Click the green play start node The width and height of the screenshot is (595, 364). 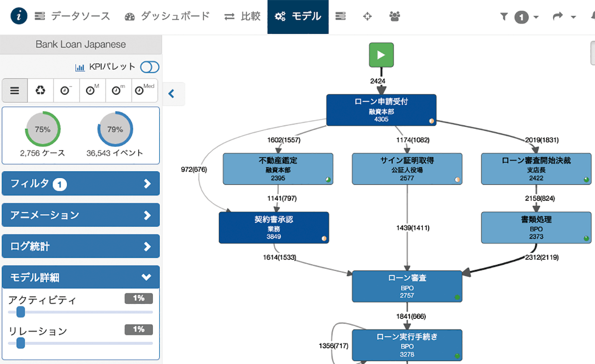click(x=381, y=55)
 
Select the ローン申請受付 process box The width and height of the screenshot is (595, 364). click(x=381, y=110)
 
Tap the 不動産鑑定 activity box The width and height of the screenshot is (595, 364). click(x=278, y=169)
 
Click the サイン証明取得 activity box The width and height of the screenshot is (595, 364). click(x=407, y=169)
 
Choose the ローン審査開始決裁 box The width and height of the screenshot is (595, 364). click(x=536, y=169)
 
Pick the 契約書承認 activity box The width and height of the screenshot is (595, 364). click(x=273, y=228)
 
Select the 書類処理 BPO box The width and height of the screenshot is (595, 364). click(x=536, y=228)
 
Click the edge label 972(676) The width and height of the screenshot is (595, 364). click(x=194, y=170)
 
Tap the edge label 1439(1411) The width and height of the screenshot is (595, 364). click(x=413, y=228)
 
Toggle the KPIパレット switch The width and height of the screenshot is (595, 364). click(x=149, y=67)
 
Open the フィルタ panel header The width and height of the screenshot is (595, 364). click(x=81, y=183)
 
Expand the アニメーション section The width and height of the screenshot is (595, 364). click(x=81, y=215)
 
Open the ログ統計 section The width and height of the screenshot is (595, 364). click(x=81, y=246)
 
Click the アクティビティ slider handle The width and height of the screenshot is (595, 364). click(x=21, y=312)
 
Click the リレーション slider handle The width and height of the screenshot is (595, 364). click(x=21, y=343)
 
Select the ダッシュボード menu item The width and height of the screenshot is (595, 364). click(x=167, y=16)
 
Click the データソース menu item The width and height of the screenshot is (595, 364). click(x=72, y=16)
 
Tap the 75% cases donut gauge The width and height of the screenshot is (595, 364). click(x=42, y=129)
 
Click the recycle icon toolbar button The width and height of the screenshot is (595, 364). click(x=40, y=91)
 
